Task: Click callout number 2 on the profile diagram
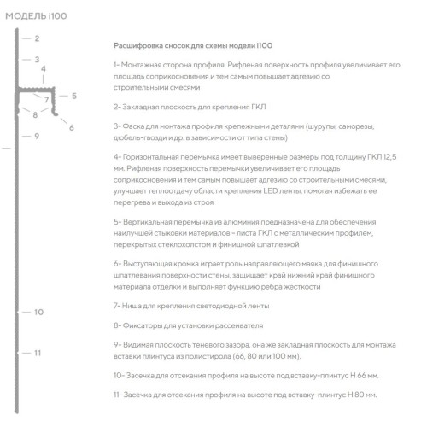click(38, 39)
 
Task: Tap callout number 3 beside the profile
click(38, 60)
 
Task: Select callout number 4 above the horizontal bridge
click(43, 68)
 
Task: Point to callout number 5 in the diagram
click(74, 96)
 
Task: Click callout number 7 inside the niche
click(47, 100)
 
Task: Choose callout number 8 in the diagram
click(35, 114)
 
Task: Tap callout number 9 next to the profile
click(38, 136)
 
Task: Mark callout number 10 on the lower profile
click(38, 313)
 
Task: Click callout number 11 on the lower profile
click(38, 352)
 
